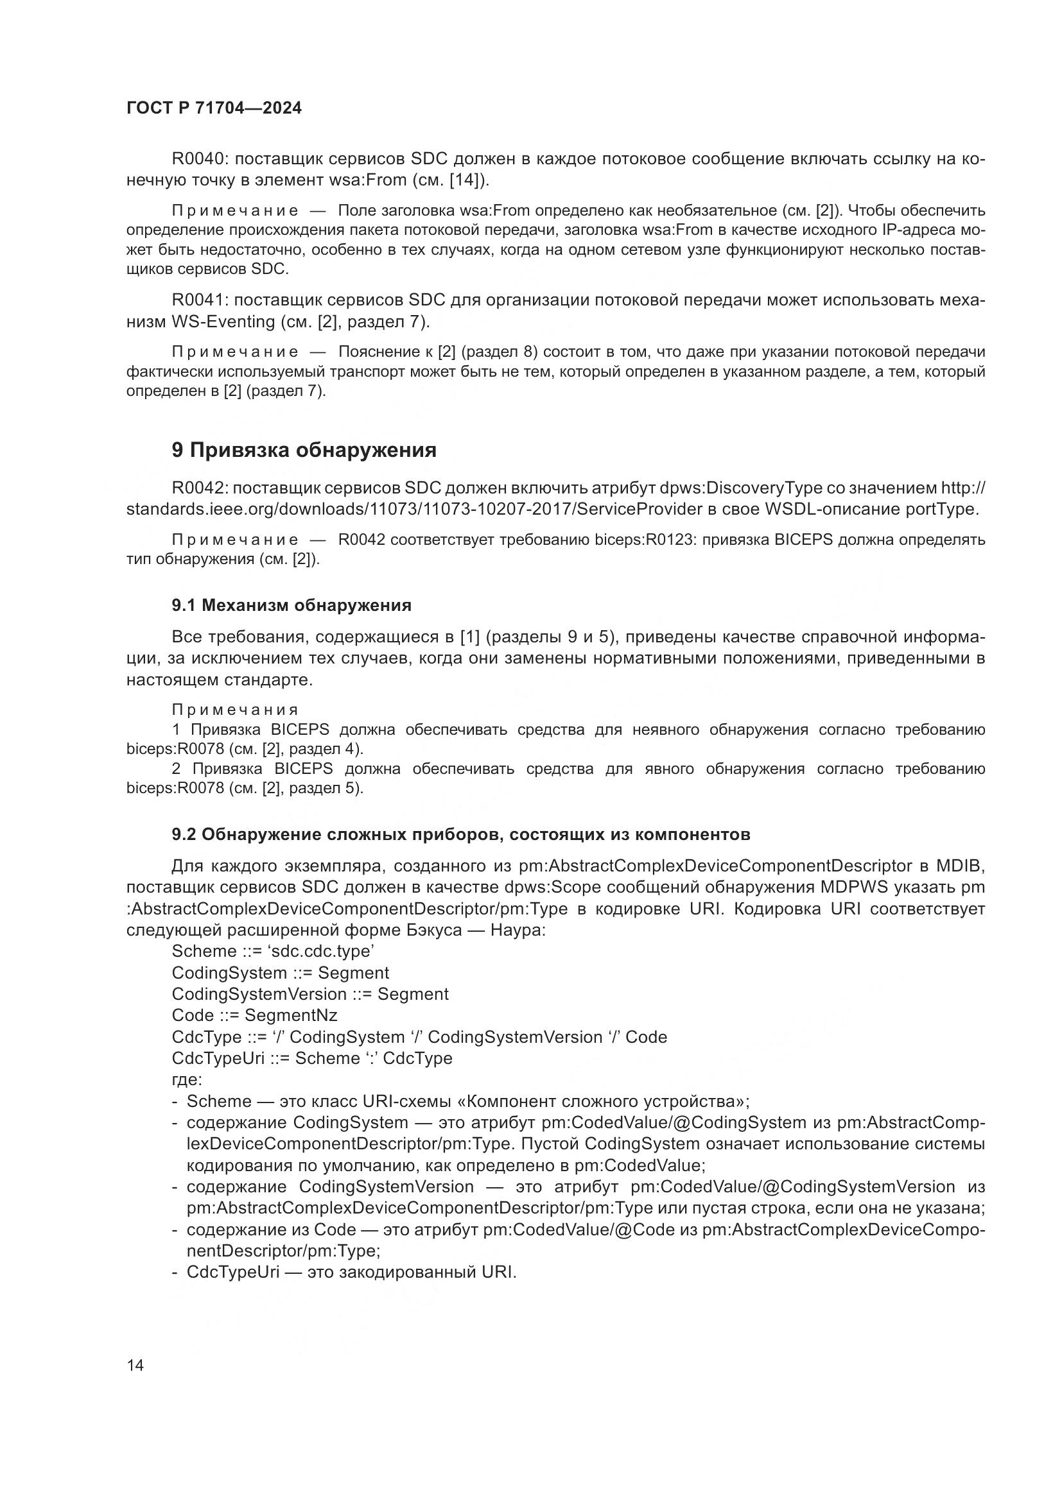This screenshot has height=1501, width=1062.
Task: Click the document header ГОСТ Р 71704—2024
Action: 214,108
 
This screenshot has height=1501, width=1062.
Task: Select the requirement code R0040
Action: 198,159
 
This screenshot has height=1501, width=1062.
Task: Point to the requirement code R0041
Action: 198,300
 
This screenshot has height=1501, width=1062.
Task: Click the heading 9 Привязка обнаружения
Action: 304,450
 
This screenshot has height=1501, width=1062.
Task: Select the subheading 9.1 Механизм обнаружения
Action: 292,605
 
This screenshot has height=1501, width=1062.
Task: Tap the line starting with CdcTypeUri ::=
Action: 312,1058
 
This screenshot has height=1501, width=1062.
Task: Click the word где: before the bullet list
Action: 187,1080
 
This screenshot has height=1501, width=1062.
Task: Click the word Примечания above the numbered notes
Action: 235,710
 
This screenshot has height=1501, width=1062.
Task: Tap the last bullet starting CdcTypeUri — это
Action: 351,1273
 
